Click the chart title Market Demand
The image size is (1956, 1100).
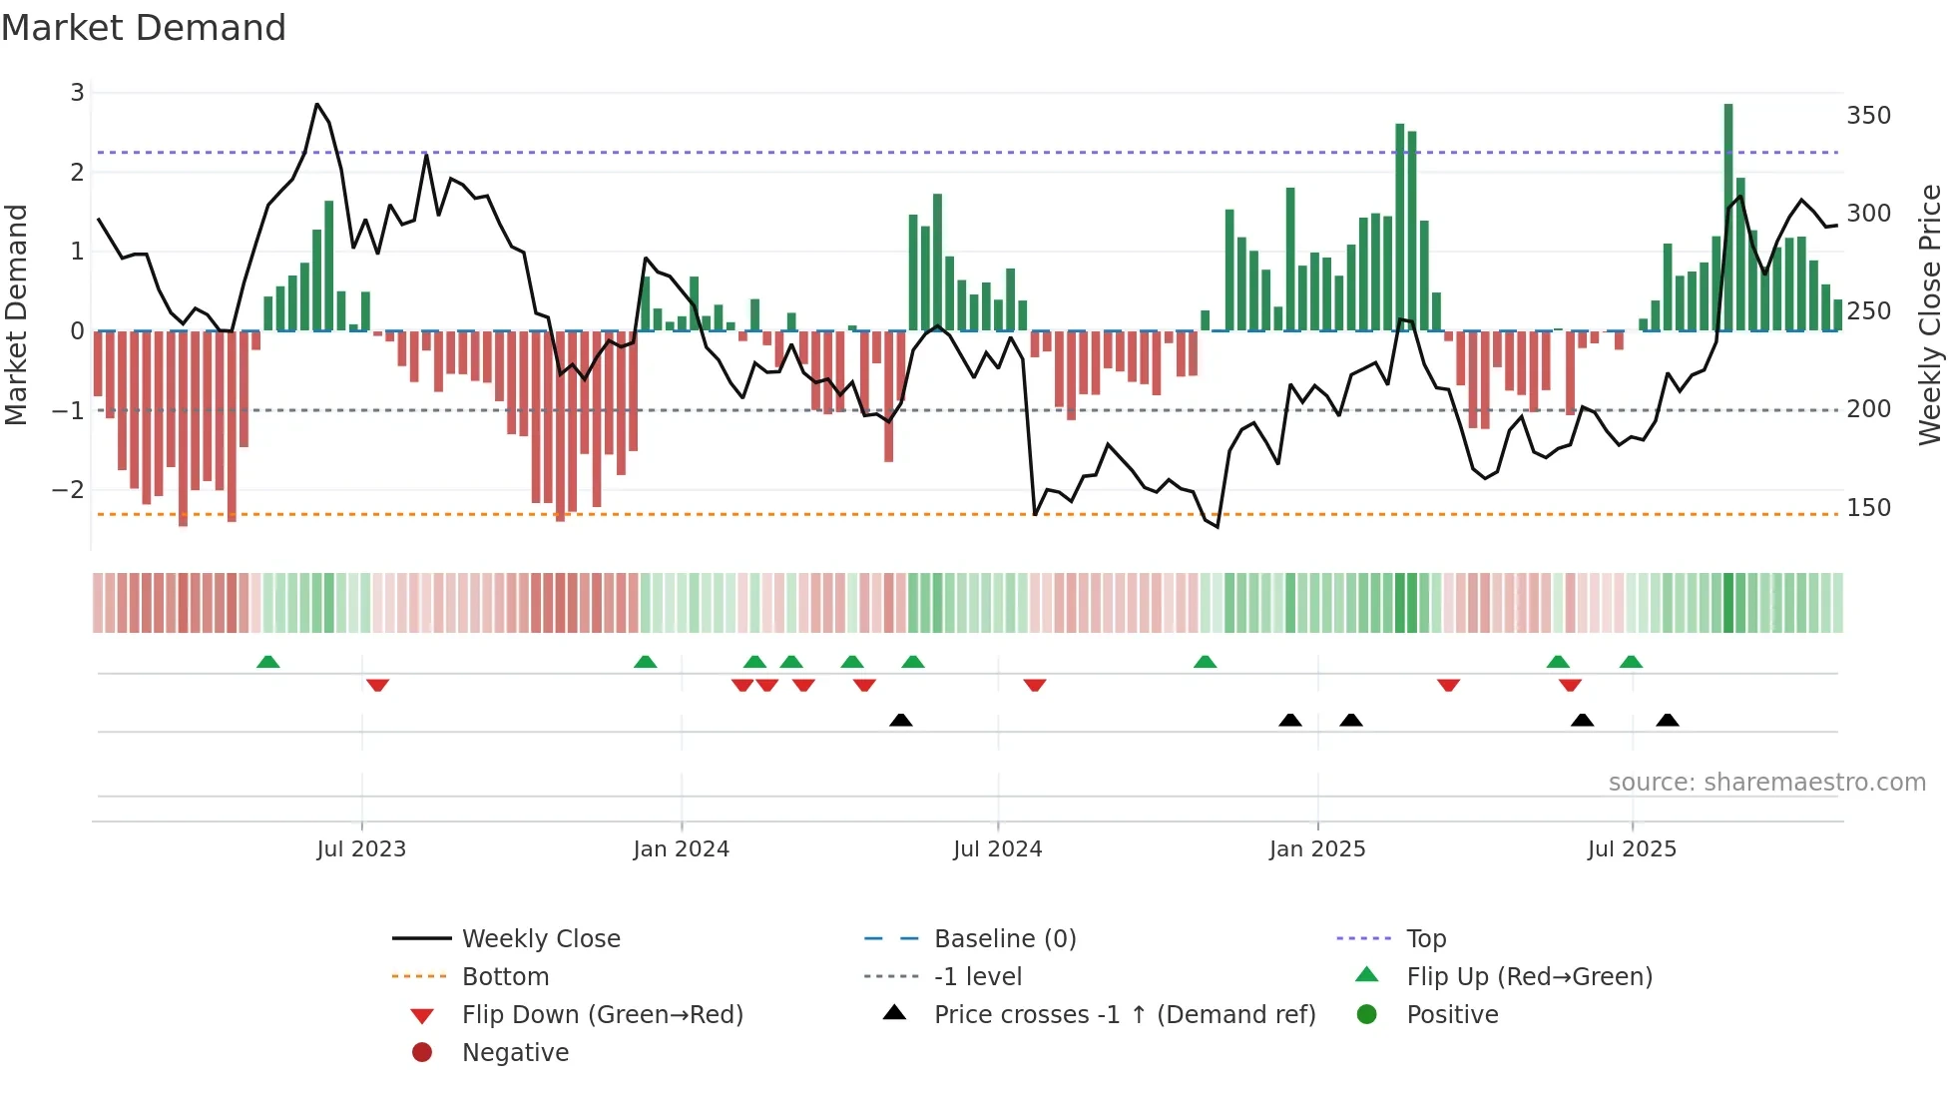[144, 28]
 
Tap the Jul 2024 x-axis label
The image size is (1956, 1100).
[997, 849]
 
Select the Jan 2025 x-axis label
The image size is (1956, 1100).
[1316, 849]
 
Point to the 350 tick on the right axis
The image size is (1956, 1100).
[1868, 116]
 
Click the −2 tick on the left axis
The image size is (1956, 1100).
[68, 490]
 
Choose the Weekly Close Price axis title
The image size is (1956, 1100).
[1930, 314]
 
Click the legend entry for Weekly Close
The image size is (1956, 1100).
[540, 939]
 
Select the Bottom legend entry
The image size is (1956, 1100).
[505, 977]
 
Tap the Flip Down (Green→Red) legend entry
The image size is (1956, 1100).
[602, 1015]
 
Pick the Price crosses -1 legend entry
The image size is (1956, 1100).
[1124, 1015]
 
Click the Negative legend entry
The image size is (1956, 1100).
[515, 1053]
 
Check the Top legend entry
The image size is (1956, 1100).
[1426, 939]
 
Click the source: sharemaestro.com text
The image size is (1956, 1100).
[1766, 783]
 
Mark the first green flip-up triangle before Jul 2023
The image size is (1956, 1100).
[267, 662]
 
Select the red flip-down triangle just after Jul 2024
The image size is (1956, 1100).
[1035, 685]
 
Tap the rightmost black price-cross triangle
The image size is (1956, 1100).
[1668, 720]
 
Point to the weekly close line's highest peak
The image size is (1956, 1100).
[317, 105]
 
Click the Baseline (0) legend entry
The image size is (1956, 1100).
[1004, 939]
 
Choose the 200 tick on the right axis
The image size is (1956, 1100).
[1868, 409]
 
